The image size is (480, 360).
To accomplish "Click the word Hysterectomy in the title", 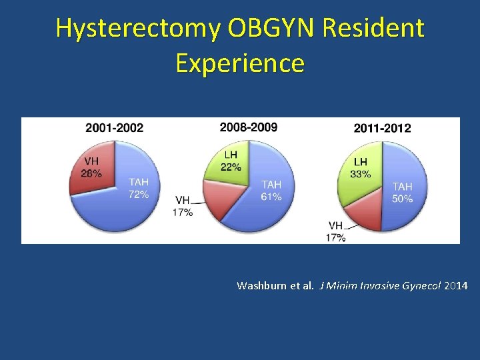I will click(x=139, y=28).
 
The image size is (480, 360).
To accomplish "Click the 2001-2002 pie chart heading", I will click(x=114, y=128).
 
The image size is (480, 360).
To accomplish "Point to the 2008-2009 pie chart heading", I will click(x=249, y=127).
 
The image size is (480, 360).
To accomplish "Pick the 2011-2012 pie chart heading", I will click(x=382, y=128).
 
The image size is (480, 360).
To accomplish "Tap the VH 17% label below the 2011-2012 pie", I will click(x=336, y=231).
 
